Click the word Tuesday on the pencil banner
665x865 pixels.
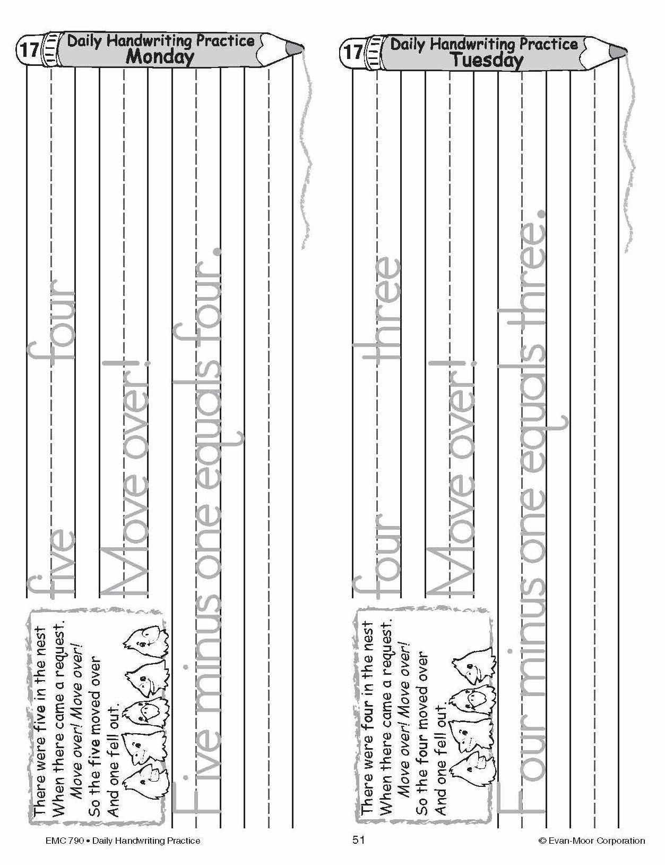tap(487, 61)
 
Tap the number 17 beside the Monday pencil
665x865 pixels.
tap(29, 50)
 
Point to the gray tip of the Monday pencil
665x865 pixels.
tap(295, 47)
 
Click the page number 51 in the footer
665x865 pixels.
tap(358, 840)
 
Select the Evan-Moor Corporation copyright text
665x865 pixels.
tap(591, 841)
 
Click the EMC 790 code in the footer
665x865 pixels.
tap(64, 841)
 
